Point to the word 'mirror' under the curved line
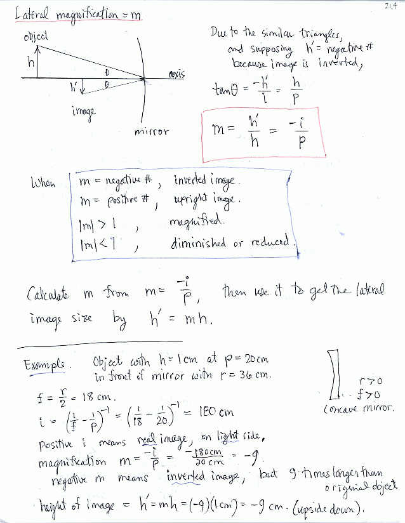[x=152, y=131]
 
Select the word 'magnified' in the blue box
[x=192, y=221]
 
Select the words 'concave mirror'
[x=359, y=408]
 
